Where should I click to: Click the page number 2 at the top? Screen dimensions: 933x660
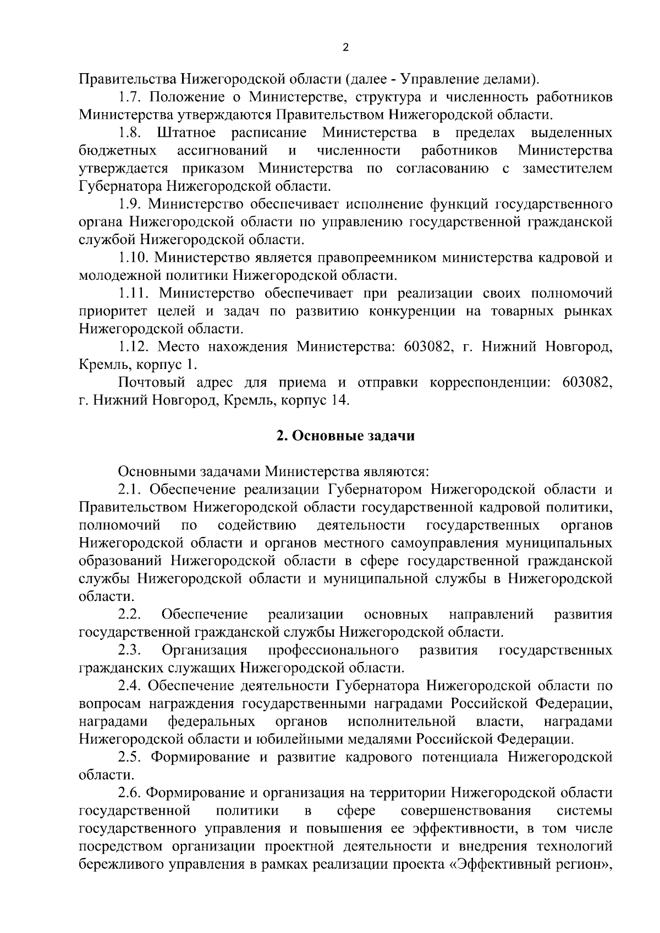click(345, 47)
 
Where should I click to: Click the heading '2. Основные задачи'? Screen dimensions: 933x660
click(345, 436)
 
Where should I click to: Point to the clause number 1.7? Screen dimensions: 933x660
click(130, 97)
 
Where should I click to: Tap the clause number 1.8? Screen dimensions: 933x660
click(130, 133)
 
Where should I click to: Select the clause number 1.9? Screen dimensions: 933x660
click(130, 205)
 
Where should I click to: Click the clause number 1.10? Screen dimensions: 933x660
click(134, 258)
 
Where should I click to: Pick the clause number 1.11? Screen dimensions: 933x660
click(134, 294)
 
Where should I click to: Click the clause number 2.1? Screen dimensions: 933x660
click(130, 490)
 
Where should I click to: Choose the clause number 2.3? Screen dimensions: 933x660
click(130, 650)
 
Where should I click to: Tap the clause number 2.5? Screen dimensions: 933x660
click(130, 758)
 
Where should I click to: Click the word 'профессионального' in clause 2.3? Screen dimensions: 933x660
click(333, 650)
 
